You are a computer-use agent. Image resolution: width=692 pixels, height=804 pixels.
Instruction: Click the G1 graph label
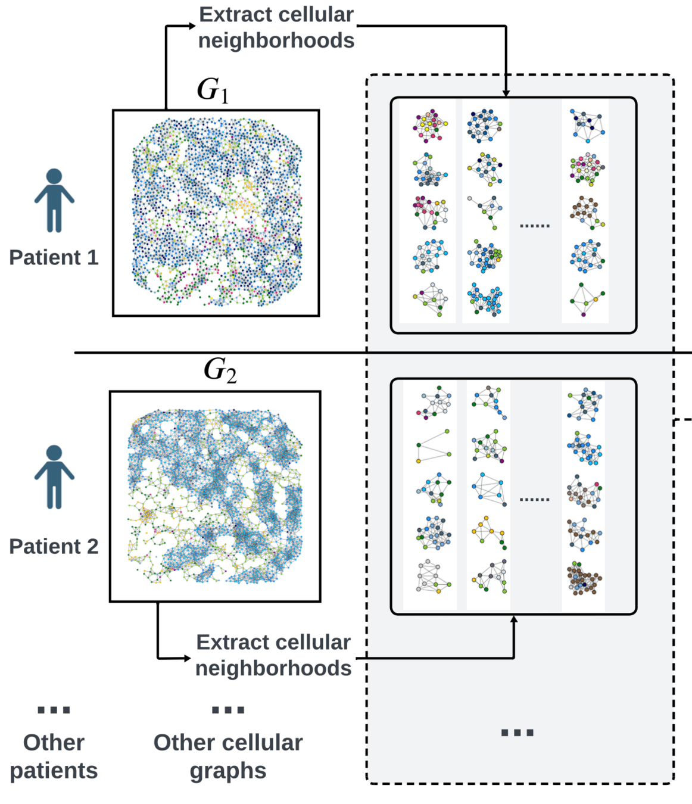[213, 91]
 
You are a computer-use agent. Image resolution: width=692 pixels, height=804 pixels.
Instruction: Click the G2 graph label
[220, 370]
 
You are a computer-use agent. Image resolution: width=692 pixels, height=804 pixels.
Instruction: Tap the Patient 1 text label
[54, 257]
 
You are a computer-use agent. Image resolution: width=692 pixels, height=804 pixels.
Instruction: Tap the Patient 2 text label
[54, 546]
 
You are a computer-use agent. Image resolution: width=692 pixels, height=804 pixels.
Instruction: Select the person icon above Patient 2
[54, 477]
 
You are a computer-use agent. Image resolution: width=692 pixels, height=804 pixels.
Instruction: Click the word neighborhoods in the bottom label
[273, 668]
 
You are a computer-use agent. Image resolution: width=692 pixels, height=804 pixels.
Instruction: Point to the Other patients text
[54, 756]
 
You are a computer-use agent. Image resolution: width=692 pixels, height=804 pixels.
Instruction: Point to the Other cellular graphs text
[228, 756]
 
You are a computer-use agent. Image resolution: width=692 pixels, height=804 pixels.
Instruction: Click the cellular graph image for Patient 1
[216, 213]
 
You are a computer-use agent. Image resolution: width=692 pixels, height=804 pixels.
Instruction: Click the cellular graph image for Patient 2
[215, 496]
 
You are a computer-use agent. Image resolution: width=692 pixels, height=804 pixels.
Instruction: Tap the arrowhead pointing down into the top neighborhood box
[506, 93]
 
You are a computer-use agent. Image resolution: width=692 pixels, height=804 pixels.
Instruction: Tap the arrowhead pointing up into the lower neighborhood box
[514, 619]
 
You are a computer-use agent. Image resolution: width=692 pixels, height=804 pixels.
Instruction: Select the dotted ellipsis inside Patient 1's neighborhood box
[534, 226]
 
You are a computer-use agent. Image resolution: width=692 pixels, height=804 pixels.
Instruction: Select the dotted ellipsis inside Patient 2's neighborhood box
[534, 499]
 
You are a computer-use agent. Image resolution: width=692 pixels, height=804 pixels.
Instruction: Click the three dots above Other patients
[54, 710]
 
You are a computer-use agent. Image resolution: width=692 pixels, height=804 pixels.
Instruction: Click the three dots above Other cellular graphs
[228, 710]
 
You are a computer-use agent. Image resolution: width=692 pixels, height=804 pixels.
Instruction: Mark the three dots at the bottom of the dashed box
[517, 733]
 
